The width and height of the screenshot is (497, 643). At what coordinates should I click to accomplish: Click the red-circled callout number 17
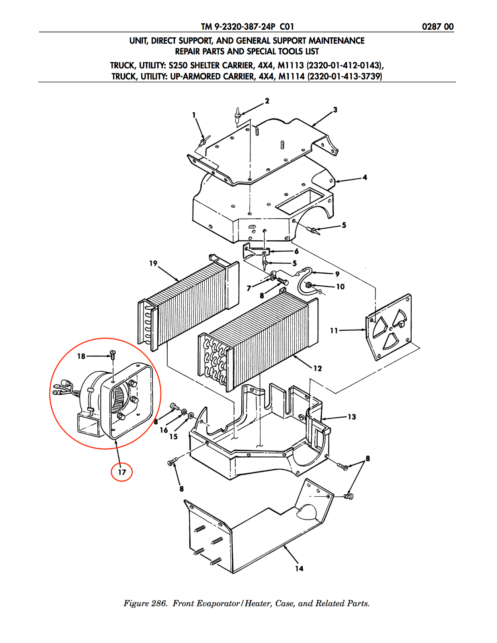(x=122, y=472)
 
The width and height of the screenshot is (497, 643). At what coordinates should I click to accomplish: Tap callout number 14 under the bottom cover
(x=299, y=568)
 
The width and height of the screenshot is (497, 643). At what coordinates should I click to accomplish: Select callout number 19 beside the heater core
(x=153, y=263)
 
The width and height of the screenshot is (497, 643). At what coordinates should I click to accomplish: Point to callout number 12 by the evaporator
(x=318, y=369)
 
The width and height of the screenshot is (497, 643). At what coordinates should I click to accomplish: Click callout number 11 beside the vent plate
(x=334, y=330)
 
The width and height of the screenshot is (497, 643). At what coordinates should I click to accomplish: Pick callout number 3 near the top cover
(x=335, y=110)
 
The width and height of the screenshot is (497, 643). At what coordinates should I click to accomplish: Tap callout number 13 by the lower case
(x=352, y=417)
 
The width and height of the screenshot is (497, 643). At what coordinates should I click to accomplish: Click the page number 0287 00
(x=438, y=27)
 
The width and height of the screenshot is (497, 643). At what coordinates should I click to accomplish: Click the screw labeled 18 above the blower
(x=113, y=354)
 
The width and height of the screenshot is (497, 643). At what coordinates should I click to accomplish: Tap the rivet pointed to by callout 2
(x=237, y=114)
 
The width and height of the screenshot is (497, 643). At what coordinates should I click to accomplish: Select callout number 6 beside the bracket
(x=296, y=251)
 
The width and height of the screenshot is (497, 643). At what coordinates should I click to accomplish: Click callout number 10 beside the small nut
(x=341, y=287)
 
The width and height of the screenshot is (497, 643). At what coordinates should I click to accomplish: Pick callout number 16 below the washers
(x=164, y=430)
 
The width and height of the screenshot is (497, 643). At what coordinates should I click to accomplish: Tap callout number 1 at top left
(x=194, y=115)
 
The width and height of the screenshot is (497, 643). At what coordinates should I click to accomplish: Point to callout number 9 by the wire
(x=337, y=274)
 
